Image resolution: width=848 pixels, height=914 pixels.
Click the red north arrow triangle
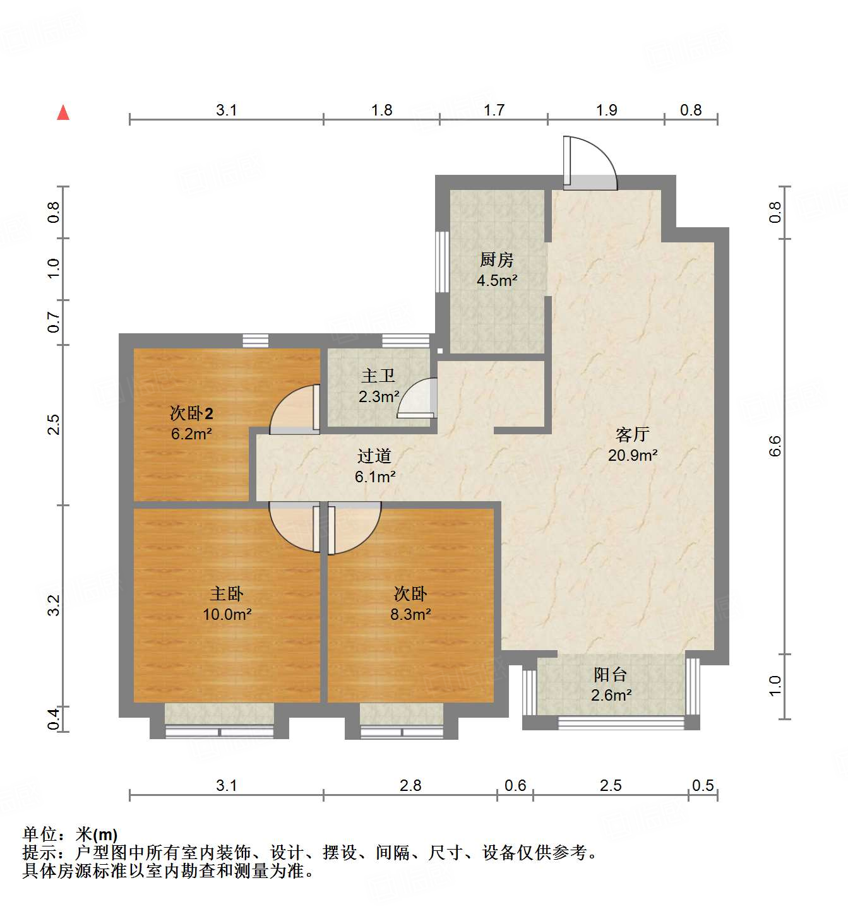pos(63,113)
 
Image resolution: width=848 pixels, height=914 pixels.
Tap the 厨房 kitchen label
pos(497,259)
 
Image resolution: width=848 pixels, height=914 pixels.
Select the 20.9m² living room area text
pos(633,455)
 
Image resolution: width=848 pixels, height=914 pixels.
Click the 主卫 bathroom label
pos(378,376)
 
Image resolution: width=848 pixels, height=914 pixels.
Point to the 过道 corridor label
pos(374,456)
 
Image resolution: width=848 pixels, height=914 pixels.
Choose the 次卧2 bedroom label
pos(191,413)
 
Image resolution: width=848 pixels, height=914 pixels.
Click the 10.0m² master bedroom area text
pos(227,614)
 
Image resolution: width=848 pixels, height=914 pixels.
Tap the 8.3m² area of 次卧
pos(410,614)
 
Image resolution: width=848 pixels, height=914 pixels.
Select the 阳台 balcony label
pos(610,675)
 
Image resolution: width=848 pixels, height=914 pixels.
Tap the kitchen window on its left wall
pos(443,261)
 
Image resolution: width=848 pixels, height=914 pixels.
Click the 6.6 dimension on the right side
pos(775,446)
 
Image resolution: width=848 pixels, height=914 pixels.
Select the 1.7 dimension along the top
pos(494,110)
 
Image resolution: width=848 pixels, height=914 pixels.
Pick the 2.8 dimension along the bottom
pos(410,786)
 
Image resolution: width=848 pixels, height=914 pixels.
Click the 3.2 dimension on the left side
pos(54,605)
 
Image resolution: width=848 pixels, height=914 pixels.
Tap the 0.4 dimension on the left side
pos(54,719)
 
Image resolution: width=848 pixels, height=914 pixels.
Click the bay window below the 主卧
pos(219,731)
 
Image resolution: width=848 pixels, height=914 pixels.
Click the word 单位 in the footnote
pos(40,835)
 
